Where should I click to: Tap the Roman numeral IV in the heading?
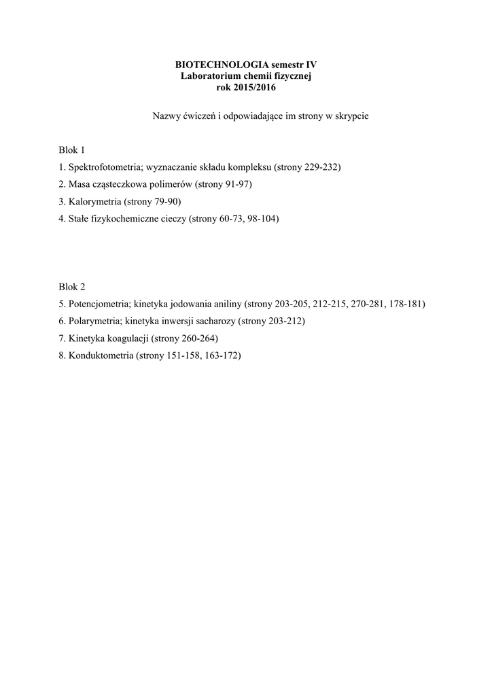click(309, 65)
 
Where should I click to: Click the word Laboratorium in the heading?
click(209, 75)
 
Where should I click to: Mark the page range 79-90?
click(166, 202)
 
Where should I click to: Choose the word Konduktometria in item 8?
click(101, 355)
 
